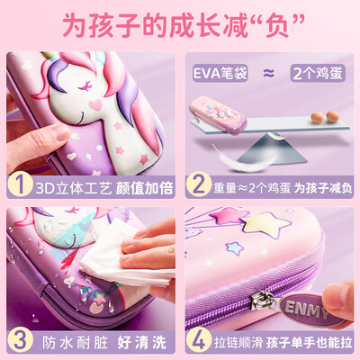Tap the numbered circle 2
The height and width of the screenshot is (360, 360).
(198, 185)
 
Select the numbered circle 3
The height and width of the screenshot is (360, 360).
(20, 340)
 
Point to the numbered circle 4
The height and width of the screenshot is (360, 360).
(198, 340)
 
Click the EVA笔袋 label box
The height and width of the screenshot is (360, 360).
(220, 73)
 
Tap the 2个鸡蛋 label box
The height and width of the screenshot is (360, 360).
(318, 73)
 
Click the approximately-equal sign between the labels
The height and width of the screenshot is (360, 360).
(269, 73)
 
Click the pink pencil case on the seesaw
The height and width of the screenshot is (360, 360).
(218, 115)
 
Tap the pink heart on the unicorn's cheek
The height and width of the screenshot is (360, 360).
(95, 104)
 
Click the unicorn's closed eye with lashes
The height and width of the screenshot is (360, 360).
(85, 86)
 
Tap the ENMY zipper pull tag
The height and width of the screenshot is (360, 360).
(308, 309)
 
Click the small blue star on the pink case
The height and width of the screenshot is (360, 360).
(233, 248)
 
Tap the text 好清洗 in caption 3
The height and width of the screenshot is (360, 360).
(141, 342)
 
